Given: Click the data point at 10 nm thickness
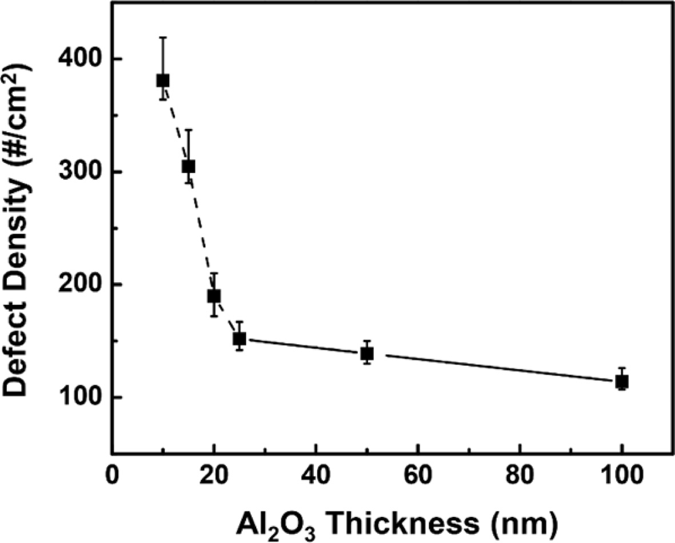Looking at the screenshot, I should pos(163,81).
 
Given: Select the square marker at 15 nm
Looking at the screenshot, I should pos(189,166).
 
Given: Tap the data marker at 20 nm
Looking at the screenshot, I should pos(214,296).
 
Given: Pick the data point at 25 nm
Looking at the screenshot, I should pos(239,339).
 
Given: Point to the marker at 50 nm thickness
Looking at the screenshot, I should pos(367,353).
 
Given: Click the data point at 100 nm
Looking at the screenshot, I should pos(622,381).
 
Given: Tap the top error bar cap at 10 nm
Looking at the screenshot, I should pos(163,37).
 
